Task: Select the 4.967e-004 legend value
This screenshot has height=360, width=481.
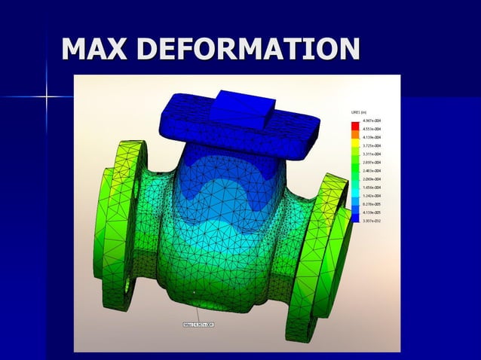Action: [x=372, y=121]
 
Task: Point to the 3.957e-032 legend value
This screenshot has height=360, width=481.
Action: [x=372, y=221]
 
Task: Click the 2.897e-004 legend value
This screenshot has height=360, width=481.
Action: [x=372, y=163]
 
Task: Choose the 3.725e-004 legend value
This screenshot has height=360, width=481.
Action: [x=372, y=146]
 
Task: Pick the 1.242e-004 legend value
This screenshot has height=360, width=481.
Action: [x=372, y=196]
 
